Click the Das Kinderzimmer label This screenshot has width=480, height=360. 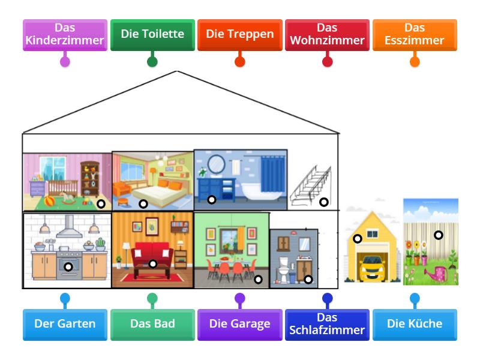click(65, 35)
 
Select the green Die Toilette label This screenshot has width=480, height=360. click(152, 35)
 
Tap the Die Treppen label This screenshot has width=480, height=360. click(239, 35)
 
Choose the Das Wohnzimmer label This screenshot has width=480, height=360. click(327, 35)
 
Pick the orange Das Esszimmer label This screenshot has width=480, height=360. click(415, 35)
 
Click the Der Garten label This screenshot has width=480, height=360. click(65, 325)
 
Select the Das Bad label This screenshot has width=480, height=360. click(152, 325)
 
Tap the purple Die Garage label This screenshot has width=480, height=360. click(239, 325)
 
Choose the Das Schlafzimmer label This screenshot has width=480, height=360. click(327, 325)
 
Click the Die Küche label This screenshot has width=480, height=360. click(415, 325)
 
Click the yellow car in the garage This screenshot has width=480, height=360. click(372, 268)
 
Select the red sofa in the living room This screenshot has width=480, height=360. click(152, 254)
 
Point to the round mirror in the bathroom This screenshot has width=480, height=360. click(216, 164)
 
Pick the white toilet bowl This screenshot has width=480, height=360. click(283, 270)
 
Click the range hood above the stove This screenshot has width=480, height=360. click(69, 227)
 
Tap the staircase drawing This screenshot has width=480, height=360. click(311, 186)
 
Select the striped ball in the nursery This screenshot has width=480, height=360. click(49, 202)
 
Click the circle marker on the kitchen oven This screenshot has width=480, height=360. click(68, 266)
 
